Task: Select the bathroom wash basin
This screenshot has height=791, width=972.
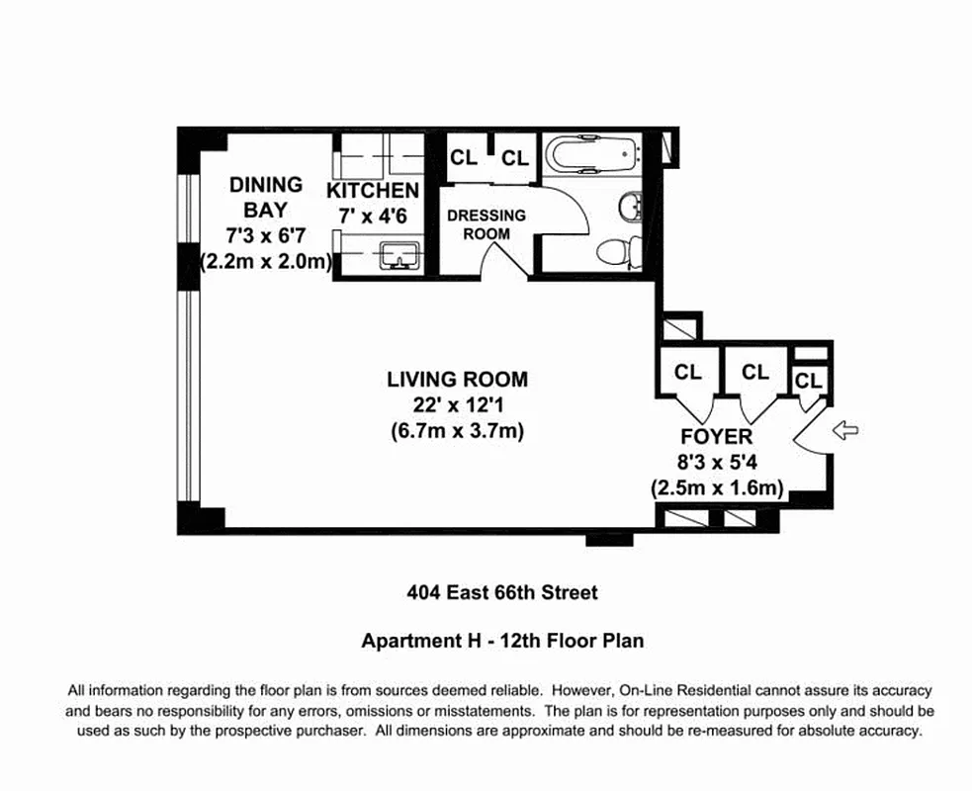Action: tap(631, 206)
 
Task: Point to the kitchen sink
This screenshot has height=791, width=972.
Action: tap(400, 255)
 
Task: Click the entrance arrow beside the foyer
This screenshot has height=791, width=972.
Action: tap(845, 429)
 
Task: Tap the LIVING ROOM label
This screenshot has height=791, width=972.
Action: tap(458, 380)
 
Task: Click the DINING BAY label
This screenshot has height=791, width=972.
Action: tap(265, 197)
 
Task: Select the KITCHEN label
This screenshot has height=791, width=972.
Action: tap(373, 190)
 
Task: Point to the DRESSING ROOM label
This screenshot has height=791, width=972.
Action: tap(486, 224)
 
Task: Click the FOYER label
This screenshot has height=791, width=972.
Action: tap(717, 436)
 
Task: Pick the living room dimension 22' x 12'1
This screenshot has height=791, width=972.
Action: tap(458, 405)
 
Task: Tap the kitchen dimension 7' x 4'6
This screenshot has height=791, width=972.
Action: tap(373, 217)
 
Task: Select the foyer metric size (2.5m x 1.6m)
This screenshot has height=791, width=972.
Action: tap(717, 487)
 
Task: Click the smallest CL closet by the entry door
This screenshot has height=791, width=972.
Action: tap(808, 381)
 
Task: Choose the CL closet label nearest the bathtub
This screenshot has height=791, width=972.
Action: tap(515, 158)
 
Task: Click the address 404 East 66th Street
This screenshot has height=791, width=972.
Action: tap(502, 592)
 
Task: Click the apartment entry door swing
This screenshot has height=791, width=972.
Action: tap(809, 429)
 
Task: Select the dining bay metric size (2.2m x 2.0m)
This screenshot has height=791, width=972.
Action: tap(266, 262)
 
